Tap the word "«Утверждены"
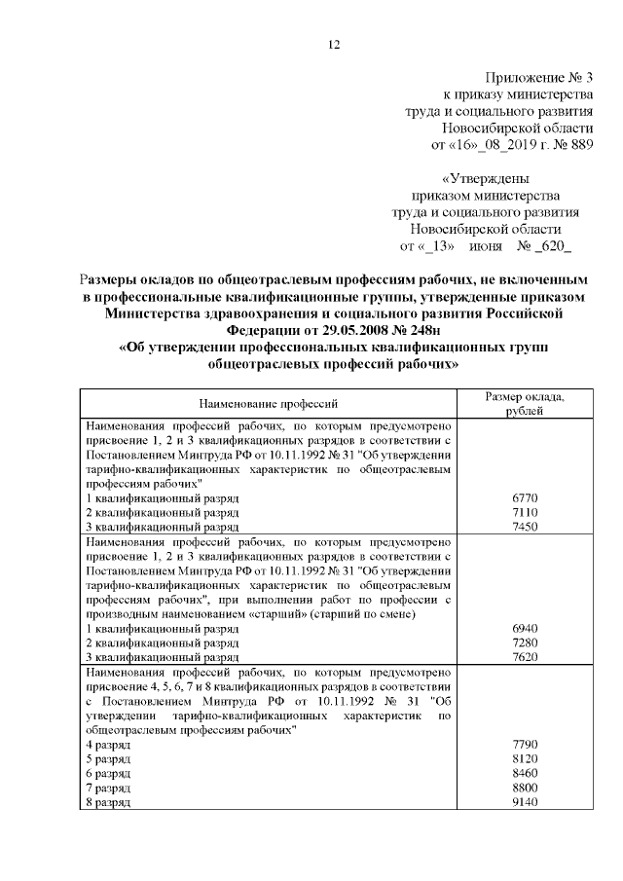[x=487, y=179]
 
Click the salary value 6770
[x=524, y=497]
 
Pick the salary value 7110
[x=524, y=511]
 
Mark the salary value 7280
[x=524, y=644]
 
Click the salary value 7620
[x=524, y=658]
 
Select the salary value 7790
[x=524, y=744]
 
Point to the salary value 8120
[x=524, y=758]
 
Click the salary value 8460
[x=524, y=773]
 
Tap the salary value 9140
[x=524, y=802]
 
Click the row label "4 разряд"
[x=109, y=744]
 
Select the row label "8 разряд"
[x=109, y=802]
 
